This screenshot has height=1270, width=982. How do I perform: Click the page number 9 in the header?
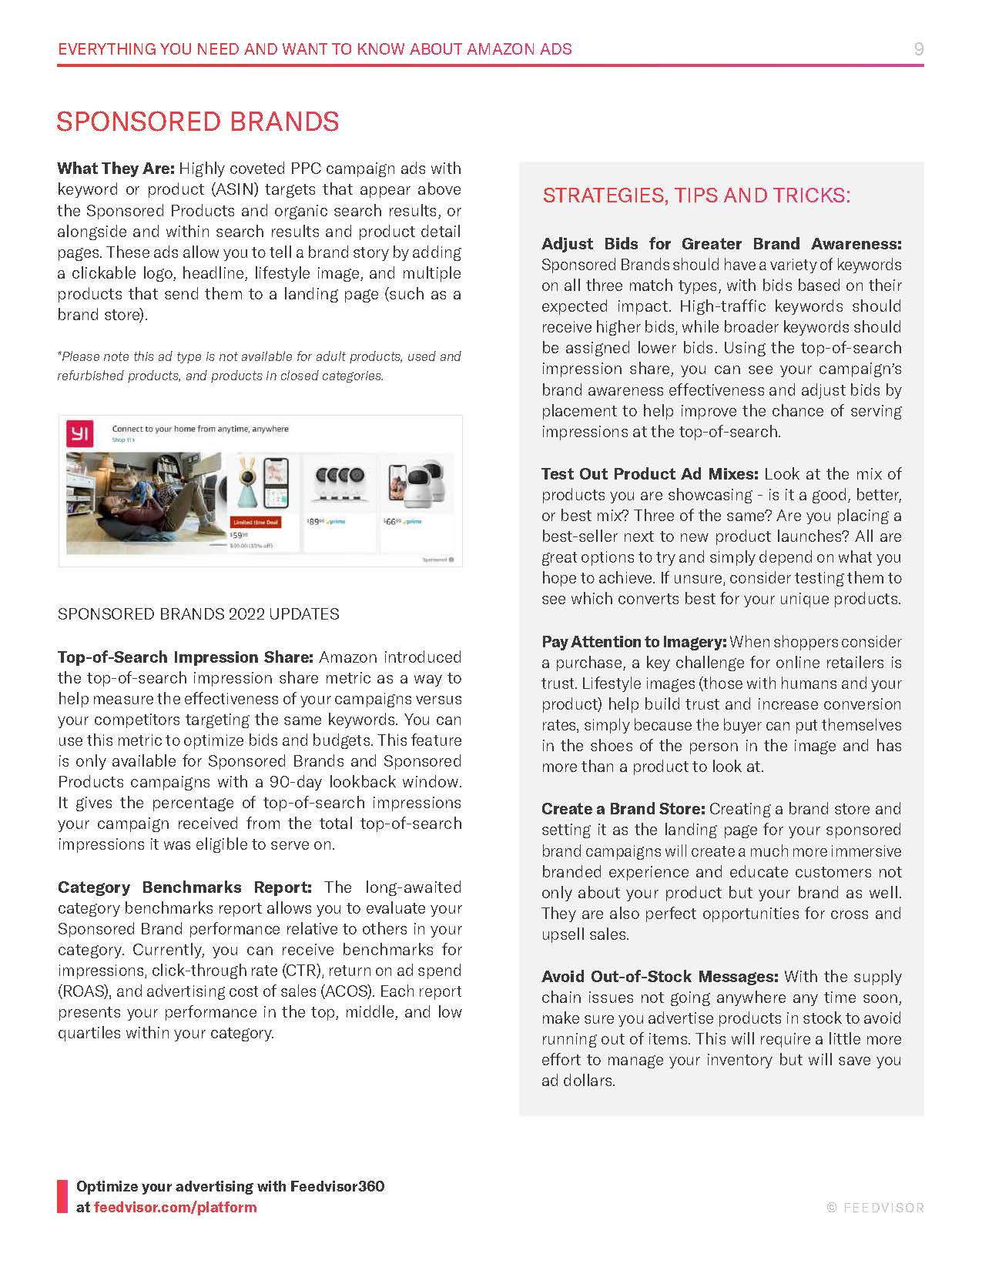coord(918,49)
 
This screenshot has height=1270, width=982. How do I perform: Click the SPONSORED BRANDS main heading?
coord(198,122)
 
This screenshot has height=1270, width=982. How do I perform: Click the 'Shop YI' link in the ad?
coord(122,439)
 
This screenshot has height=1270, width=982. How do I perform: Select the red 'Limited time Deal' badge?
coord(256,522)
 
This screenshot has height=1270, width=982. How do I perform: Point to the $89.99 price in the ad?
coord(315,522)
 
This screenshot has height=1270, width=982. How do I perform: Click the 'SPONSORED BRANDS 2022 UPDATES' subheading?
coord(199,614)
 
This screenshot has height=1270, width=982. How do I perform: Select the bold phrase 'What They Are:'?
coord(116,169)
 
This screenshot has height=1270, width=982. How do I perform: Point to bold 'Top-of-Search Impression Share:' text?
coord(186,657)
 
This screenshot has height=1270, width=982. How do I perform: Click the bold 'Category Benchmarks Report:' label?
coord(185,887)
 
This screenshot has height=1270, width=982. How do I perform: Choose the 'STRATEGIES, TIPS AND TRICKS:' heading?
coord(696,196)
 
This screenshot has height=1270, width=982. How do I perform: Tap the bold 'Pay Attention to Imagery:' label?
coord(634,642)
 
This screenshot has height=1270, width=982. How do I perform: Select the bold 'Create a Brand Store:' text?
coord(623,809)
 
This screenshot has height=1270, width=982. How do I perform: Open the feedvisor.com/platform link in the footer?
coord(176,1207)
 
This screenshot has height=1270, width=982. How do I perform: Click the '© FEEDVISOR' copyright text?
coord(875,1208)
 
